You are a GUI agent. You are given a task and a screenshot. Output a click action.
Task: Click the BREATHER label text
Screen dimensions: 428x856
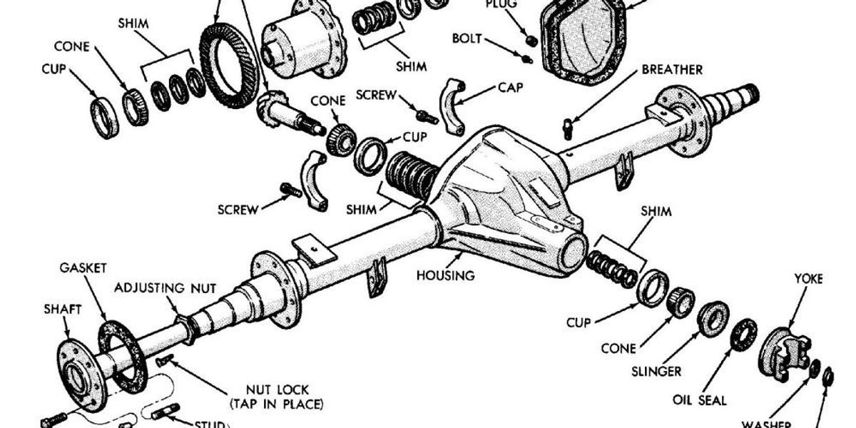[672, 70]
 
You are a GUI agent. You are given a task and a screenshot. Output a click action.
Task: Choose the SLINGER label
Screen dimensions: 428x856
[656, 372]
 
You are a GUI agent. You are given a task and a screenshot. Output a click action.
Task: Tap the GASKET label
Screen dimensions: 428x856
[83, 267]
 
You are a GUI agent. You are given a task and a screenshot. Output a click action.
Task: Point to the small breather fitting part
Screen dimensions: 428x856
[568, 128]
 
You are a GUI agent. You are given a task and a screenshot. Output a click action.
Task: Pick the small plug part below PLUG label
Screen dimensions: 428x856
[532, 39]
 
